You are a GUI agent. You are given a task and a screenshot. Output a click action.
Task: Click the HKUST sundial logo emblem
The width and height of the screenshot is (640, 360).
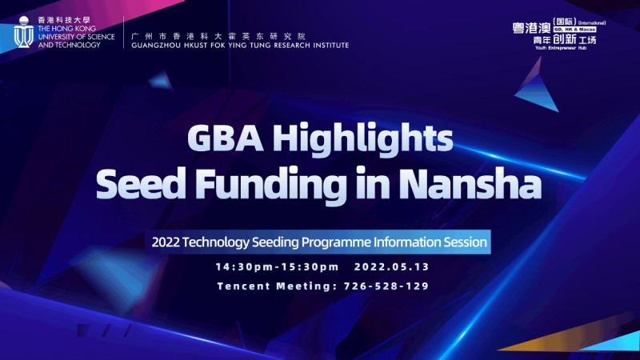click(24, 32)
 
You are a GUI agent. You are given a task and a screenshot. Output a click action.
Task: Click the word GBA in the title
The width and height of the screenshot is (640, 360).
click(226, 138)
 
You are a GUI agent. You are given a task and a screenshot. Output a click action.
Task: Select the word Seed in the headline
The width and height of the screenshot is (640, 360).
click(141, 183)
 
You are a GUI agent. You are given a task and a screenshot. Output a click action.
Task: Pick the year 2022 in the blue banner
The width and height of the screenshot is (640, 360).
click(166, 242)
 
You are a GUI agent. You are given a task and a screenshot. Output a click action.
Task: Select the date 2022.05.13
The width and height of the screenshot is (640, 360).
click(392, 267)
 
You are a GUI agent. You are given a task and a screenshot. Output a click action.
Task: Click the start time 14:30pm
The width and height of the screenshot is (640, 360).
click(244, 267)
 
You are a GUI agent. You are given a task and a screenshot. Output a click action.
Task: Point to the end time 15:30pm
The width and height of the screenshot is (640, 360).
click(311, 267)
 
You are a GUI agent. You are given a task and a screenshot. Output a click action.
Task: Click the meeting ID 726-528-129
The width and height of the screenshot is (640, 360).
click(386, 286)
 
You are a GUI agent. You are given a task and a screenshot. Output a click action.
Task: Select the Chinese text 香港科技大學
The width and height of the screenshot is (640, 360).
click(64, 20)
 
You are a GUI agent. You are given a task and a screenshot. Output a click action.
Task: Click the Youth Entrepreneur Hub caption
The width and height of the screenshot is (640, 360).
click(561, 48)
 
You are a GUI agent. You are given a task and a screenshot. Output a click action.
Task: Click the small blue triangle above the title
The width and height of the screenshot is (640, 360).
click(162, 82)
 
